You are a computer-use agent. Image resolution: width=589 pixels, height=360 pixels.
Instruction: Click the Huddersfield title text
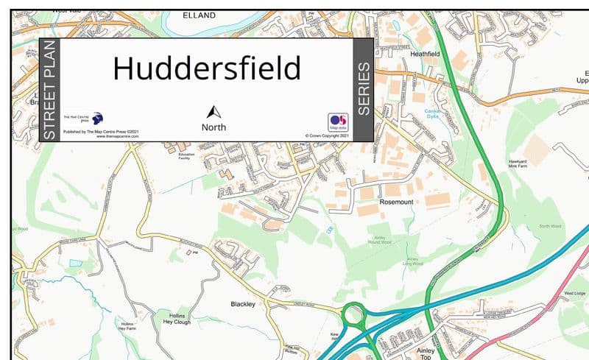(x=207, y=68)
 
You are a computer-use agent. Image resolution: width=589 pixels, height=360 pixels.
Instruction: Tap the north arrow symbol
(x=214, y=112)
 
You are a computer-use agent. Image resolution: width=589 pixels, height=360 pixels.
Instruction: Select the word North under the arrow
(x=214, y=127)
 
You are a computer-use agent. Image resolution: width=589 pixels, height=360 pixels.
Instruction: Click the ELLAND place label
(x=199, y=15)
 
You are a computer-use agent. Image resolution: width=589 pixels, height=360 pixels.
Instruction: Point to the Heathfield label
(x=425, y=54)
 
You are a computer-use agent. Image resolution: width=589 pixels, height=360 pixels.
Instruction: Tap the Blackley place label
(x=243, y=303)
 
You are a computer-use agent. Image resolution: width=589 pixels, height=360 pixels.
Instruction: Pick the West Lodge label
(x=574, y=293)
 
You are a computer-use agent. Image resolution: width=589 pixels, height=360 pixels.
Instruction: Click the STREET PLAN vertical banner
(x=49, y=90)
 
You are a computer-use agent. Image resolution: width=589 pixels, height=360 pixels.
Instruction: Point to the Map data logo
(x=338, y=122)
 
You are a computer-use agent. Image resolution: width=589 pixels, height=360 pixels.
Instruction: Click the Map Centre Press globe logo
(x=96, y=118)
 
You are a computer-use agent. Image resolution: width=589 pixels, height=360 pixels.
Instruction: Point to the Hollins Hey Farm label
(x=128, y=327)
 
